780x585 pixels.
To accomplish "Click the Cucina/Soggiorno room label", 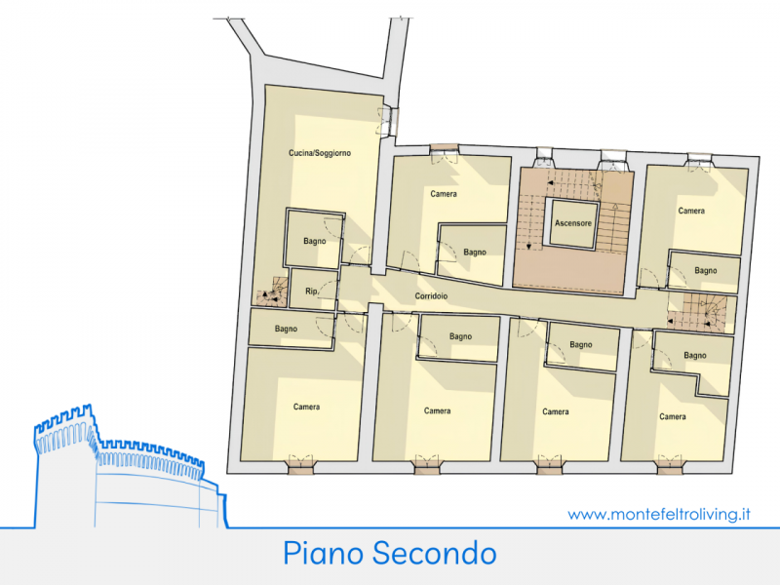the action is pyautogui.click(x=320, y=153).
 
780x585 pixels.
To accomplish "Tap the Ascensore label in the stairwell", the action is pyautogui.click(x=573, y=223).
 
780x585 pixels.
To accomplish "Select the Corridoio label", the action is pyautogui.click(x=431, y=296).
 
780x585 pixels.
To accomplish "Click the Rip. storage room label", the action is pyautogui.click(x=311, y=291).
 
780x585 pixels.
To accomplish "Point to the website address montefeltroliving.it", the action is pyautogui.click(x=659, y=515).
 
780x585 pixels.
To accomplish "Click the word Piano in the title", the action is pyautogui.click(x=324, y=553).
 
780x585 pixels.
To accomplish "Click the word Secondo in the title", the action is pyautogui.click(x=434, y=553).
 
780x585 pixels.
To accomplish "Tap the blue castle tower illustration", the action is pyautogui.click(x=131, y=466).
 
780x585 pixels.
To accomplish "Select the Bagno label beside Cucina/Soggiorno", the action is pyautogui.click(x=315, y=241).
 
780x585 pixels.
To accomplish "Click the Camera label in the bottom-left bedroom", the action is pyautogui.click(x=306, y=407).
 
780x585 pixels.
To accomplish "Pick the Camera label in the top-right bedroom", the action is pyautogui.click(x=691, y=211).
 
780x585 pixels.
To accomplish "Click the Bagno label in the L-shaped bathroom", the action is pyautogui.click(x=695, y=356).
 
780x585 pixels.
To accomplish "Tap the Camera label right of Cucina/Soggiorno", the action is pyautogui.click(x=444, y=194).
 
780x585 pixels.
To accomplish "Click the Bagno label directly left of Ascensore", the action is pyautogui.click(x=475, y=253).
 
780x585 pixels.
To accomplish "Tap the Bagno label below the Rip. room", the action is pyautogui.click(x=286, y=329).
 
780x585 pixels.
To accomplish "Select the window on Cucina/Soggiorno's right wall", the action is pyautogui.click(x=388, y=121).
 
